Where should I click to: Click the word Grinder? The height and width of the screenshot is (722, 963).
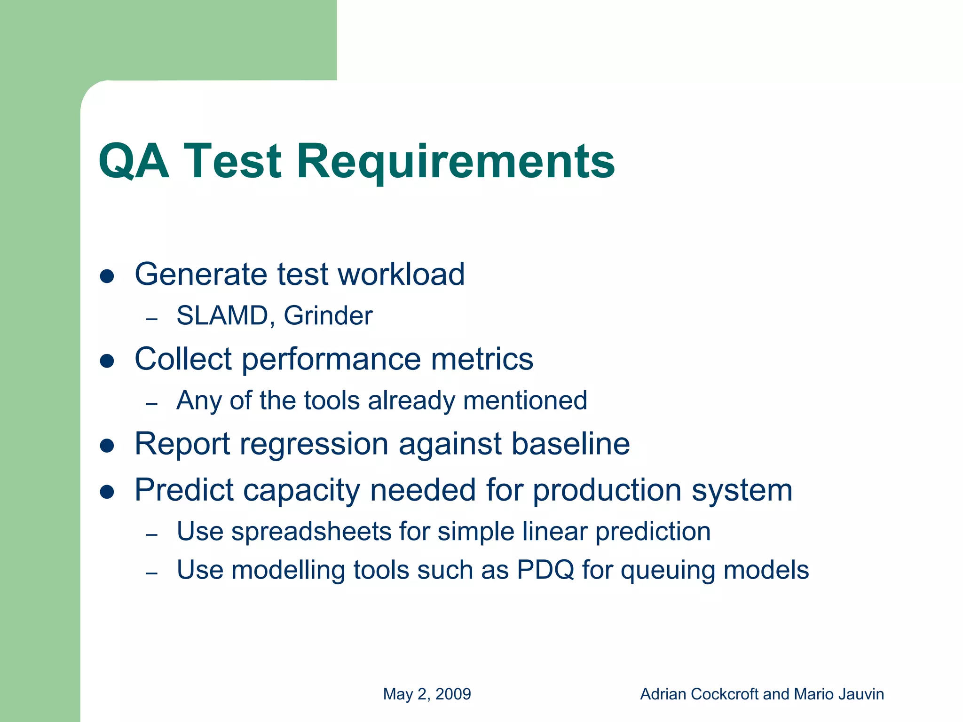(328, 315)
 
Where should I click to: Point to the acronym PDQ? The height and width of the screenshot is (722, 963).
(545, 570)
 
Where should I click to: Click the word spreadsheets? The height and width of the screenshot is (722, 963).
(311, 532)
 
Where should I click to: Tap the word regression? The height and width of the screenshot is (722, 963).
(314, 444)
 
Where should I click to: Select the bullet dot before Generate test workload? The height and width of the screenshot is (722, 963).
(107, 276)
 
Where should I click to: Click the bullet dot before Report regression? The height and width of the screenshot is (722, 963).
(107, 446)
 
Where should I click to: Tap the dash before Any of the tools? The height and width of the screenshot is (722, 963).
(151, 404)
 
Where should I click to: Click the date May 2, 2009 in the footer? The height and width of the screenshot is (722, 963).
(426, 694)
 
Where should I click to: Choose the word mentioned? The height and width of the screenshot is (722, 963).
(525, 400)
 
